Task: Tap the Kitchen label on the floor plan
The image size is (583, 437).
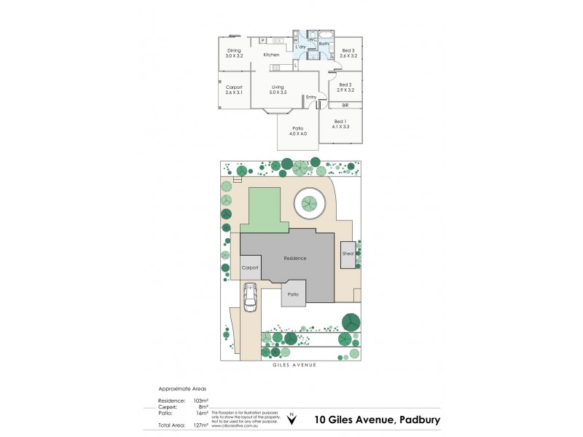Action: (271, 55)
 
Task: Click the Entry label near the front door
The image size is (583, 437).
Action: (311, 97)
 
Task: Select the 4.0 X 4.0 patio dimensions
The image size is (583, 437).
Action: (298, 133)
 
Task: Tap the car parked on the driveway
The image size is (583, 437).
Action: (251, 297)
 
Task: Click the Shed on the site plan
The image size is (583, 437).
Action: (348, 253)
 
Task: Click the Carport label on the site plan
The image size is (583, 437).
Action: (250, 268)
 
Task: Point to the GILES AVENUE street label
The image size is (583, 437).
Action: (291, 366)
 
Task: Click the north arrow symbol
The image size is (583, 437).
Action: (293, 418)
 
